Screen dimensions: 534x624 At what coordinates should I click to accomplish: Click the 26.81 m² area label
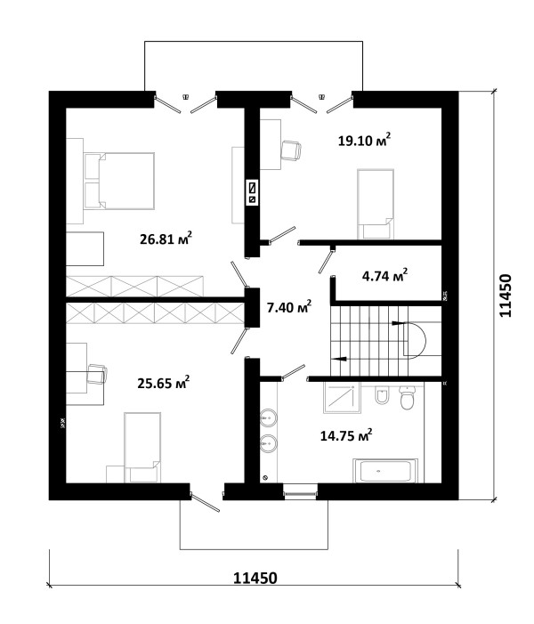point(166,239)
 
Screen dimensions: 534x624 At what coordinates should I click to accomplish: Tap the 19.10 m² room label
point(364,140)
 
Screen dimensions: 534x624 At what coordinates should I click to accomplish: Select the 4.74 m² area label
point(384,275)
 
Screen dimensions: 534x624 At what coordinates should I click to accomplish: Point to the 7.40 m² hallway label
point(289,307)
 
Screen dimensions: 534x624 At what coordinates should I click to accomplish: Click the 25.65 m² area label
point(163,383)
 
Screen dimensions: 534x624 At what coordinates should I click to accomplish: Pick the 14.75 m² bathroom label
point(346,435)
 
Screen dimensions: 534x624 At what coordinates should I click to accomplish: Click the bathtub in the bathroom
point(384,471)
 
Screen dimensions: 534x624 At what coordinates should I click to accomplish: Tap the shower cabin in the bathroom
point(342,398)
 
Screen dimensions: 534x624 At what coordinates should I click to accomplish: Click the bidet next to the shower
point(382,395)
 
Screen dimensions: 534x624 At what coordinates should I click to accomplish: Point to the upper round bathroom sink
point(269,417)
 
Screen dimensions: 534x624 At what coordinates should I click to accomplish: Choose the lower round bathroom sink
point(269,443)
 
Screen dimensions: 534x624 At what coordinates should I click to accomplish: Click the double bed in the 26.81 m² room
point(119,181)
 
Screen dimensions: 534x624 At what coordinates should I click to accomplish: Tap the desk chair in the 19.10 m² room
point(291,150)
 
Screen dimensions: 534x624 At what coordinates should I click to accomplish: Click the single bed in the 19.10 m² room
point(376,204)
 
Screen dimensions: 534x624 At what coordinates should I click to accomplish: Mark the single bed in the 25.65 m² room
point(142,448)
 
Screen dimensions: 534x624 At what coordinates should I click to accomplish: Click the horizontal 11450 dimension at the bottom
point(255,578)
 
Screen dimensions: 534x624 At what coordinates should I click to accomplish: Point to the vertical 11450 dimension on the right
point(505,296)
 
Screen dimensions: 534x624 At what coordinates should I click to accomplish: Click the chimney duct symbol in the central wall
point(252,191)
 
